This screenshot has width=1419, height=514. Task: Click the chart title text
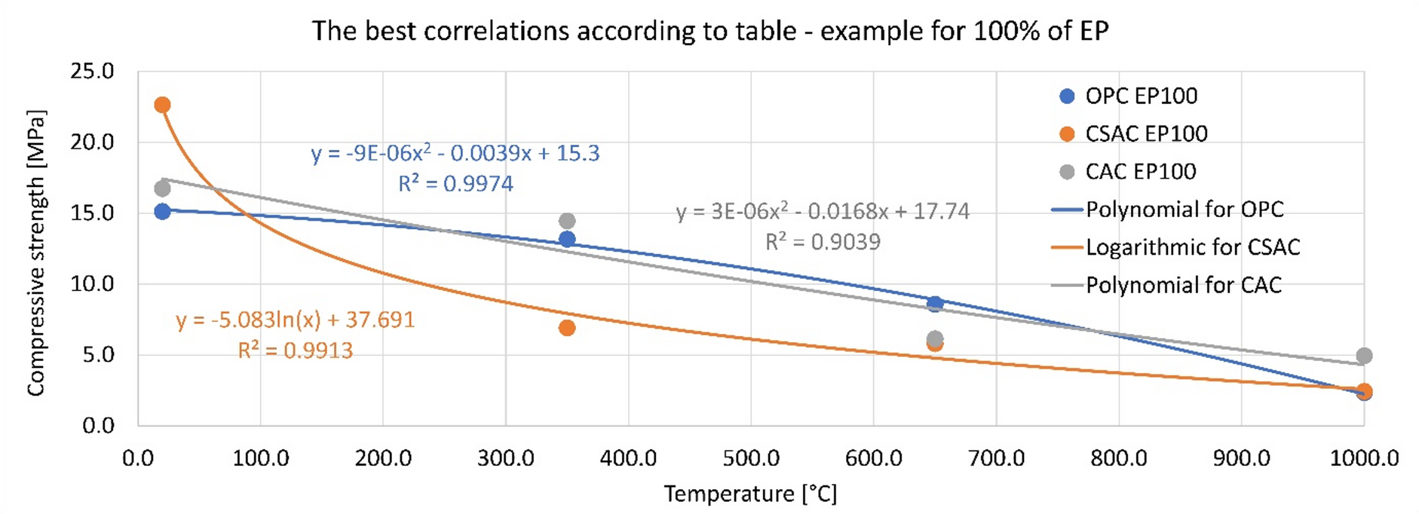pos(709,31)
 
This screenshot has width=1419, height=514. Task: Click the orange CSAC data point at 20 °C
pos(162,105)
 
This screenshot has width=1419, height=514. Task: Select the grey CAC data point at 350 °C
pos(567,221)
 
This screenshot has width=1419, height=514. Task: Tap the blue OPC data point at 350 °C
pos(567,240)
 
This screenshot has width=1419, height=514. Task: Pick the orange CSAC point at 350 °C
pos(567,328)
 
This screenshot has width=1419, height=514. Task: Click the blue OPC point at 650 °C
pos(935,304)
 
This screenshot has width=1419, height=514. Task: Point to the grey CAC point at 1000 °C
pos(1363,356)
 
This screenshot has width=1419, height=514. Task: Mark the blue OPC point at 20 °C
pos(162,212)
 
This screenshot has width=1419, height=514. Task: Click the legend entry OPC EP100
pos(1140,96)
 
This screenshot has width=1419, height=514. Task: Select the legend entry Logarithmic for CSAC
pos(1192,247)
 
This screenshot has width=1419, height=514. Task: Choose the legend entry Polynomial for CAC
pos(1183,285)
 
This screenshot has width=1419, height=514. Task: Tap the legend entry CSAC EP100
pos(1145,133)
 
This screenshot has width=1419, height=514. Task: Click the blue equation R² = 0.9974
pos(455,184)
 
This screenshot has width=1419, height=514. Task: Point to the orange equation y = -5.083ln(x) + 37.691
pos(295,320)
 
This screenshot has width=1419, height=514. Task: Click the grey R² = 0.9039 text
pos(823,242)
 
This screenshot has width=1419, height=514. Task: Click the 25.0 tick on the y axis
pos(92,72)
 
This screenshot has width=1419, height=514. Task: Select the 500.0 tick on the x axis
pos(751,458)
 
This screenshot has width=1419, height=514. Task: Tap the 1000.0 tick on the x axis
pos(1363,458)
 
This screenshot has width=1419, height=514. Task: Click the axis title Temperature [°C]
pos(750,494)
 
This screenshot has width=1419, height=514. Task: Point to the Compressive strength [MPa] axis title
pos(35,252)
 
